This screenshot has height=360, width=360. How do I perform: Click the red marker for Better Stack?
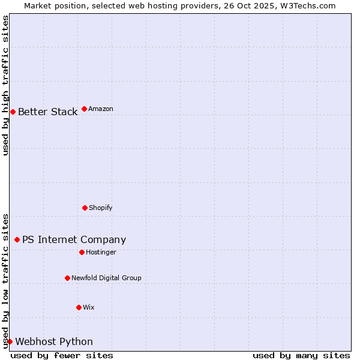pos(13,112)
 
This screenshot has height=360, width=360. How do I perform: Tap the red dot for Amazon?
pos(84,109)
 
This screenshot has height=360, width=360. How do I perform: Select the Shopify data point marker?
pos(85,208)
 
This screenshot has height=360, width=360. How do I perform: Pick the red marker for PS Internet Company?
pos(17,239)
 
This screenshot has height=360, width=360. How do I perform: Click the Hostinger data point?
pos(82,252)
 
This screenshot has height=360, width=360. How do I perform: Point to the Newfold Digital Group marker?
pos(67,278)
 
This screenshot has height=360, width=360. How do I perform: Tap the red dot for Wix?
pos(79,307)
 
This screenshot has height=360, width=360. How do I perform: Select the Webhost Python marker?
pos(10,341)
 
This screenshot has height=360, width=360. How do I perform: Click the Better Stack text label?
pos(47,112)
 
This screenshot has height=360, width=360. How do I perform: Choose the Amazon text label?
pos(101,109)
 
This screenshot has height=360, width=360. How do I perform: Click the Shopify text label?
pos(101,208)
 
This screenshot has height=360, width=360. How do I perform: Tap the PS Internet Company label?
pos(74,240)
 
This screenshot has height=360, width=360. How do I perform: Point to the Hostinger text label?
pos(101,253)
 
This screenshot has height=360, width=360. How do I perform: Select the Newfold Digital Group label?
pos(106,278)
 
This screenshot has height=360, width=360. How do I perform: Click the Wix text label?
pos(89,308)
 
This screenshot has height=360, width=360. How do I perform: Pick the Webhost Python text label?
pos(54,342)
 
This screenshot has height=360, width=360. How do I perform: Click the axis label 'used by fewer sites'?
pos(62,355)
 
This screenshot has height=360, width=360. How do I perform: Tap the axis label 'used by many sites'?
pos(301,355)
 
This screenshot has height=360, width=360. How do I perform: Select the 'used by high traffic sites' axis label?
pos(6,85)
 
